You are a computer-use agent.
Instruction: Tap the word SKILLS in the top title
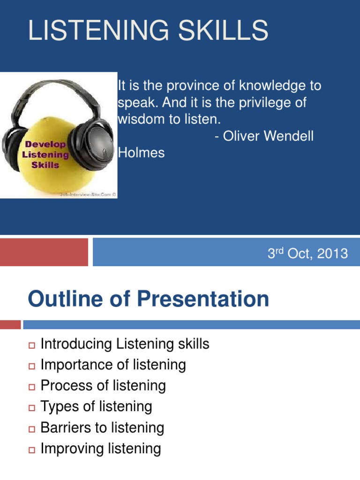tap(223, 30)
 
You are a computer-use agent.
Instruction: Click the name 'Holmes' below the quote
tap(142, 152)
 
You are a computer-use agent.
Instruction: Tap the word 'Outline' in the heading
tap(66, 299)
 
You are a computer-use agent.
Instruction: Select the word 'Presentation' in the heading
tap(202, 299)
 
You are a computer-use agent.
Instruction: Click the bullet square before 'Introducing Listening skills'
tap(32, 345)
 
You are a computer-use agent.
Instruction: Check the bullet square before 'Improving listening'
tap(32, 450)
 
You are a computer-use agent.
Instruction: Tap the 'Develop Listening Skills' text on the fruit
tap(45, 155)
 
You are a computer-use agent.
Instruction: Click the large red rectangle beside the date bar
tap(44, 252)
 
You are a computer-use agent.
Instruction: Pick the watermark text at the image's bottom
tap(88, 195)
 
